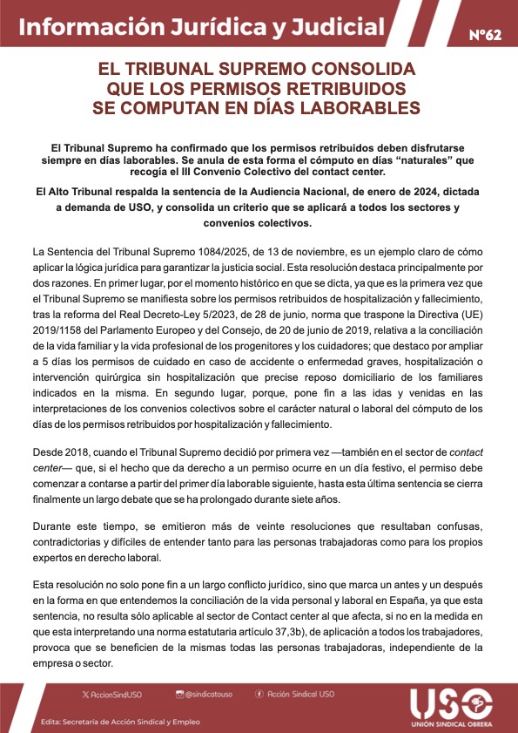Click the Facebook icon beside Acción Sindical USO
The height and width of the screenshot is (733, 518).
click(x=259, y=694)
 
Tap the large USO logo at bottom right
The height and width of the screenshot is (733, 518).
click(x=451, y=704)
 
